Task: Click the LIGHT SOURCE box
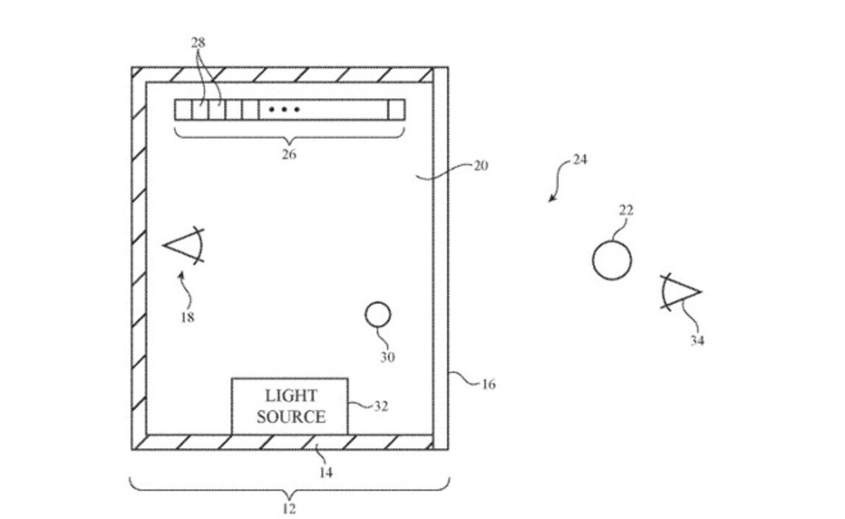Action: click(289, 406)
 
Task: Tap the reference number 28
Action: click(199, 43)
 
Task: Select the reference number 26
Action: click(289, 154)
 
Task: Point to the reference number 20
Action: click(480, 165)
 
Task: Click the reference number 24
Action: click(580, 160)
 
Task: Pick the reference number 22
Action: click(625, 210)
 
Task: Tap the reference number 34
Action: click(696, 340)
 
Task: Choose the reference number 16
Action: click(488, 384)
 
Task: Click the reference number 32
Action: click(381, 406)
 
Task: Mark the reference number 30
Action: click(387, 357)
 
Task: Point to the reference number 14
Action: click(325, 473)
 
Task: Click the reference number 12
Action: click(289, 508)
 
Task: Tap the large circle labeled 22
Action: click(611, 260)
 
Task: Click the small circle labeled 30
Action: click(377, 315)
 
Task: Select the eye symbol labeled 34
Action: click(680, 291)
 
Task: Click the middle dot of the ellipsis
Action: click(284, 110)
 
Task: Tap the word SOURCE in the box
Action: click(291, 417)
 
